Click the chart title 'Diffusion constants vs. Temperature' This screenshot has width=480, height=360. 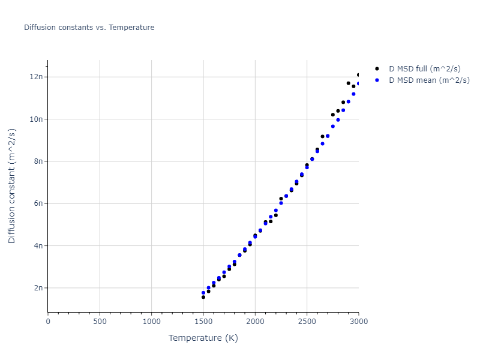point(89,28)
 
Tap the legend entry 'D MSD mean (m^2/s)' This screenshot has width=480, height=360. point(429,80)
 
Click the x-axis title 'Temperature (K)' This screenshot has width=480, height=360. point(203,338)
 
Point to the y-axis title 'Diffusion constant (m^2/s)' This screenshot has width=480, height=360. point(12,186)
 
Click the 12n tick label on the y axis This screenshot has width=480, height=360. point(36,77)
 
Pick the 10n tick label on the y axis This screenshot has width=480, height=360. point(36,119)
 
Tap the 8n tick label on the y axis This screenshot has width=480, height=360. point(38,161)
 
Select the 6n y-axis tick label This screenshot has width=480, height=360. point(38,203)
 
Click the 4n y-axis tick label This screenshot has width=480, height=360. point(38,245)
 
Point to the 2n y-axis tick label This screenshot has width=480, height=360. point(38,288)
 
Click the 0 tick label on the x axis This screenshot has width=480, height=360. point(48,322)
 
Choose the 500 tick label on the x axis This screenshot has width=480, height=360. point(100,322)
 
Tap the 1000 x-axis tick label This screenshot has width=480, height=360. point(151,322)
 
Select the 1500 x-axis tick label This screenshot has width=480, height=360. point(203,322)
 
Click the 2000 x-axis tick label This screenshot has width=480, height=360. point(255,322)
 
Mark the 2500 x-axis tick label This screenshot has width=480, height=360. point(307,322)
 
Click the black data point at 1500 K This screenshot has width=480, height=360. point(203,297)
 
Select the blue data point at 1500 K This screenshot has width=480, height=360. point(203,293)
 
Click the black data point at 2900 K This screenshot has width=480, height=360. point(348,83)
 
